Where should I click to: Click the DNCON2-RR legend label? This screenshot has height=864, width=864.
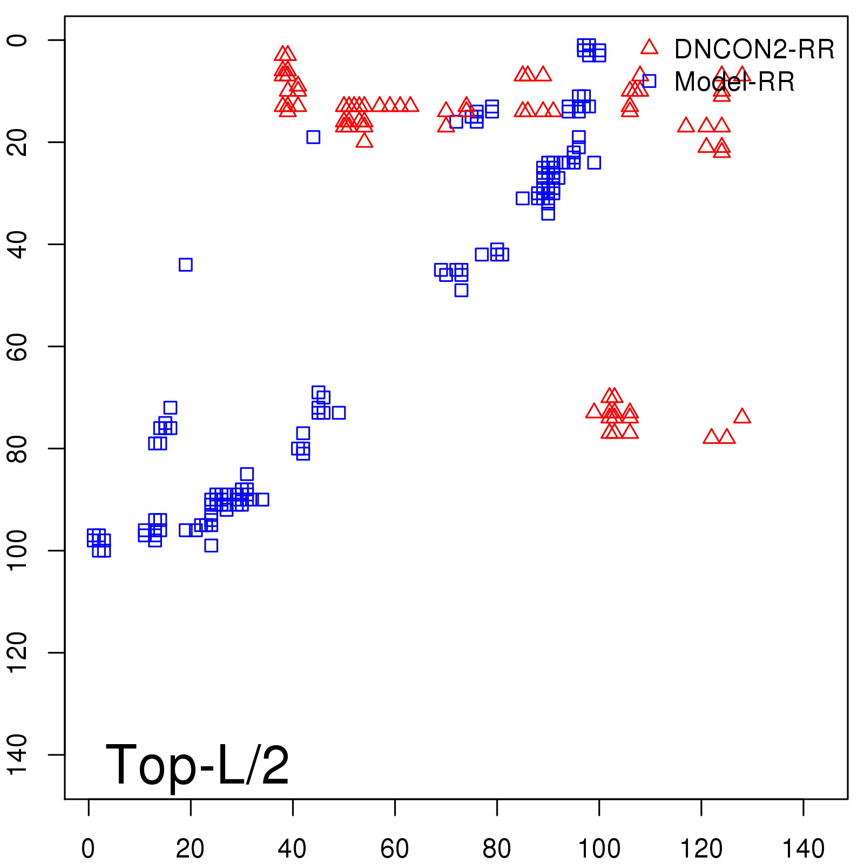coord(754,50)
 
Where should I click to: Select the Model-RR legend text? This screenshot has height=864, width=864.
coord(734,82)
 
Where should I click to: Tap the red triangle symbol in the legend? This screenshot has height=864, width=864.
coord(649,47)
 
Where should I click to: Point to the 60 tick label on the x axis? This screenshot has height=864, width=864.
coord(395,849)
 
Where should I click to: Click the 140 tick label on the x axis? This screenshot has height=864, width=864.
coord(804,849)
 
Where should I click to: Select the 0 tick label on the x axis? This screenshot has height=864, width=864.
coord(88,849)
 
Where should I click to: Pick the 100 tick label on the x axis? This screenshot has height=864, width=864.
coord(599,849)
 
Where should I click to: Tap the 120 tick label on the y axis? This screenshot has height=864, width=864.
coord(17,652)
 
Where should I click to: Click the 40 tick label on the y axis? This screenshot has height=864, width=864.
coord(17,244)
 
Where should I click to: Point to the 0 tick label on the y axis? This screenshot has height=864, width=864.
coord(17,40)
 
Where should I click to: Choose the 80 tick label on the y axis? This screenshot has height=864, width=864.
coord(17,448)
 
